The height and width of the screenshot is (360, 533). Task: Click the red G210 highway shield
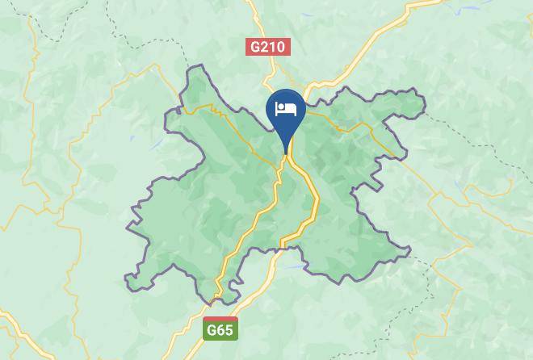pyautogui.click(x=267, y=47)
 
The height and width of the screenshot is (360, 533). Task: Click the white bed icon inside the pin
pyautogui.click(x=286, y=109)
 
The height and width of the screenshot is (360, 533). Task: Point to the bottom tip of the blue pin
pyautogui.click(x=286, y=153)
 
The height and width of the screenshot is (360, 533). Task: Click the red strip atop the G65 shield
pyautogui.click(x=219, y=320)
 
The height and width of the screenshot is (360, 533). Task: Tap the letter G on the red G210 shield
pyautogui.click(x=255, y=47)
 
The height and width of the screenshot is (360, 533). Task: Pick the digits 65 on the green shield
pyautogui.click(x=224, y=330)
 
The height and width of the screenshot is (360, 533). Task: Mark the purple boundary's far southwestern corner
pyautogui.click(x=127, y=279)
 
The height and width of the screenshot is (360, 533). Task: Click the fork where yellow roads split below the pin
pyautogui.click(x=286, y=159)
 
